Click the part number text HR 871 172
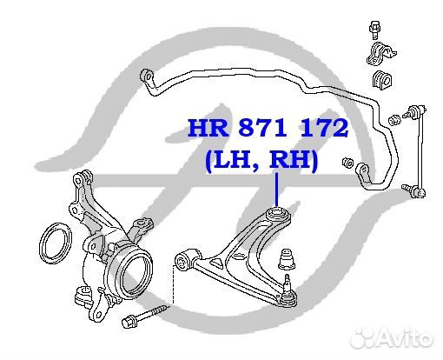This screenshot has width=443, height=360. point(268,128)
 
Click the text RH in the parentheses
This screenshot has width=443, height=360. point(289,159)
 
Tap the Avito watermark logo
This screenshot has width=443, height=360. point(392,337)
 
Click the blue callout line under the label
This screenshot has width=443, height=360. point(276,190)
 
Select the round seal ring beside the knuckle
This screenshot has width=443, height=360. point(55,243)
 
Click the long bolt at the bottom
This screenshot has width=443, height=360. point(145,315)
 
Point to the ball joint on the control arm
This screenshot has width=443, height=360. point(287,292)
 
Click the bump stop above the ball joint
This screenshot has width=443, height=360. point(287,259)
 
